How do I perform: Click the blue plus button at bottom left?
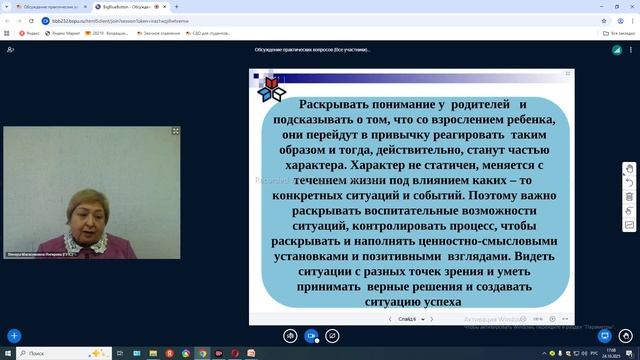pyautogui.click(x=14, y=336)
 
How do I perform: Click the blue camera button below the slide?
pyautogui.click(x=311, y=336)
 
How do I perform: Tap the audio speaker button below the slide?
pyautogui.click(x=289, y=336)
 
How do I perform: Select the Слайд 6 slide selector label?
pyautogui.click(x=407, y=319)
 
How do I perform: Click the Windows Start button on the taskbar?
pyautogui.click(x=8, y=354)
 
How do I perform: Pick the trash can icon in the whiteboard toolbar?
pyautogui.click(x=629, y=211)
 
